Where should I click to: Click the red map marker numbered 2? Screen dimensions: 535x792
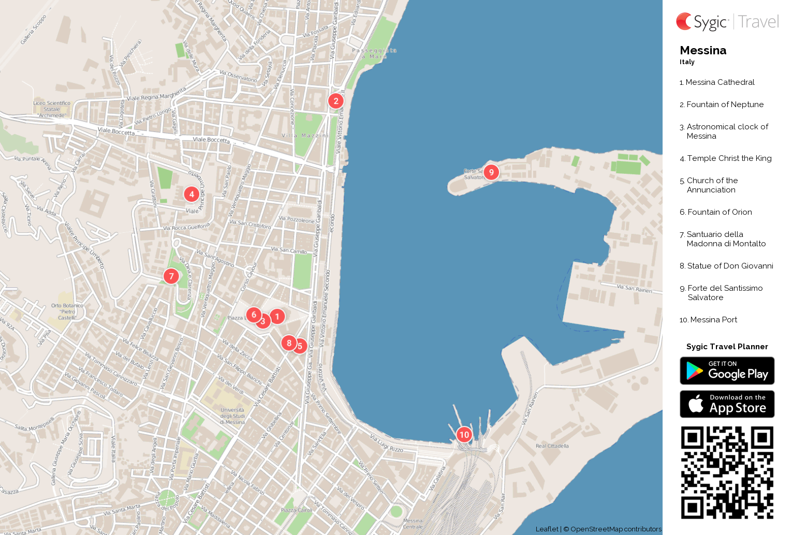click(336, 101)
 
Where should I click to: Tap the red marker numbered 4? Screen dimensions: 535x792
click(192, 194)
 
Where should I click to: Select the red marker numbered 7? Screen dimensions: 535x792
click(171, 276)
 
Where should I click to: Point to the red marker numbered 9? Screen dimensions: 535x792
click(491, 172)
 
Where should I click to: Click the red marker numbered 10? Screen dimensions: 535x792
click(464, 435)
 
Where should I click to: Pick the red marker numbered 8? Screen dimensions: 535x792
click(289, 343)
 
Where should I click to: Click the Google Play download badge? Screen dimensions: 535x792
click(727, 371)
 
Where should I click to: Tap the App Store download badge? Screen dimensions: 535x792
click(727, 404)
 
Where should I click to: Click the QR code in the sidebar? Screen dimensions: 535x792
click(727, 472)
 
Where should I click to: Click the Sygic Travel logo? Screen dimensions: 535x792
click(727, 22)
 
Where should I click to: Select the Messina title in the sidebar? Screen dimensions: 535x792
click(703, 51)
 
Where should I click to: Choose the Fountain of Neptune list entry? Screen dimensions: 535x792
click(725, 105)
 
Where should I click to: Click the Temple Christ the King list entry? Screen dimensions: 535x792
click(729, 158)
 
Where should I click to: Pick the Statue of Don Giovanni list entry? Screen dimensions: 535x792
click(730, 266)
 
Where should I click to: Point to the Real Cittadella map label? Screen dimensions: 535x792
click(552, 446)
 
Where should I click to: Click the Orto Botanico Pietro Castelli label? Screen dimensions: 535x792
click(67, 311)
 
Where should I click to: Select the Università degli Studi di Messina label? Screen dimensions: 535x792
click(232, 416)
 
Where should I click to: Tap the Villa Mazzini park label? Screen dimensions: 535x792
click(305, 136)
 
